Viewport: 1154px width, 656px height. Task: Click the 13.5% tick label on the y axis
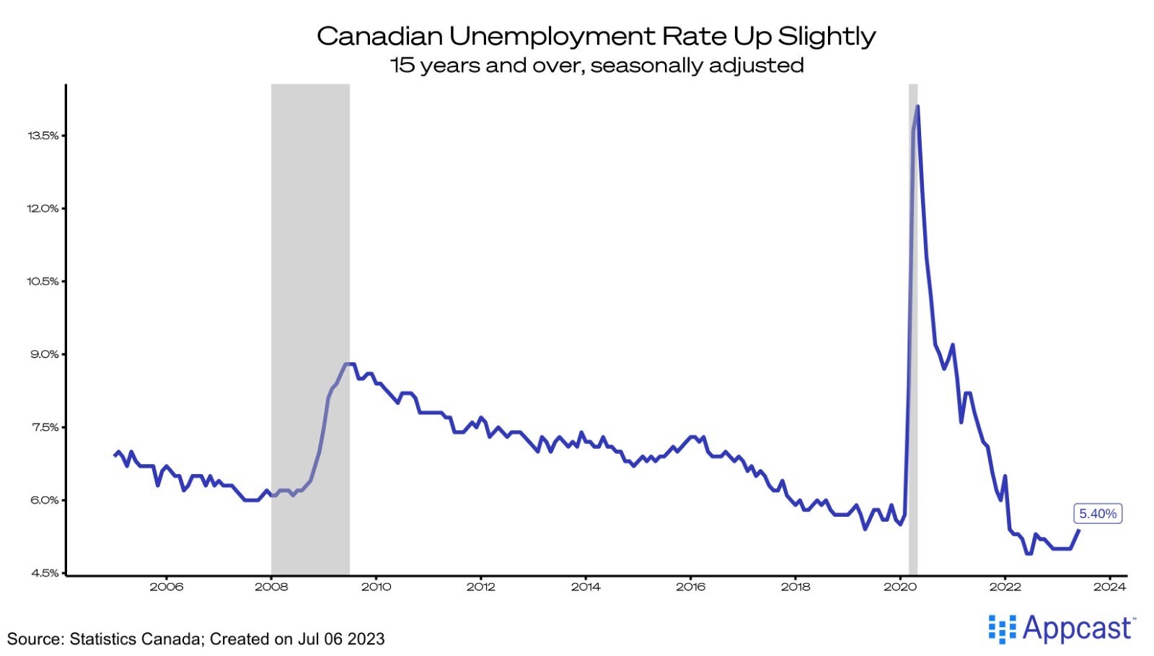(43, 136)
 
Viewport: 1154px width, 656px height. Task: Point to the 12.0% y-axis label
(43, 209)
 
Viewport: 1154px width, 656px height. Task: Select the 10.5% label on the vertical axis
(43, 281)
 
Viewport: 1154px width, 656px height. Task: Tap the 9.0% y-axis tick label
(44, 354)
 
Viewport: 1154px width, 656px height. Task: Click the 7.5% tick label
(44, 427)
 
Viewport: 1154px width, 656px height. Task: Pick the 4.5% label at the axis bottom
(44, 573)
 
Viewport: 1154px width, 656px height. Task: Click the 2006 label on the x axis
(167, 587)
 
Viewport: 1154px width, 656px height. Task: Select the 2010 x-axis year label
(376, 587)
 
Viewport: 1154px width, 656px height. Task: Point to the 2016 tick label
(690, 587)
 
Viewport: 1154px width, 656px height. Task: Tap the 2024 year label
(1109, 587)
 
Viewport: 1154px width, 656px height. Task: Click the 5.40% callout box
(1097, 514)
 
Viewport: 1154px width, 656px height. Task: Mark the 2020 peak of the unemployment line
(917, 107)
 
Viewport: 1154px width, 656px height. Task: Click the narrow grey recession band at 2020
(913, 325)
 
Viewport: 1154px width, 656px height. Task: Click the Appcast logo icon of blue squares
(1002, 629)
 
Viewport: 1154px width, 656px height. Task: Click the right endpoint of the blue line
(1078, 530)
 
